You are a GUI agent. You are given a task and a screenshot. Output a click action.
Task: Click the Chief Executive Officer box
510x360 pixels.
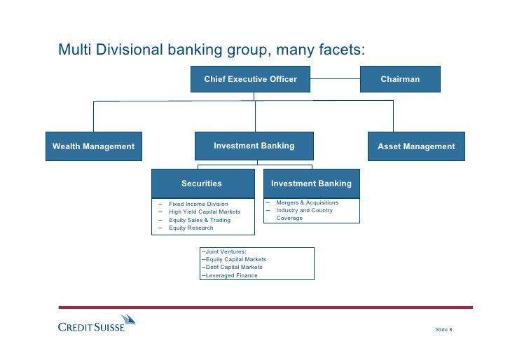tap(250, 79)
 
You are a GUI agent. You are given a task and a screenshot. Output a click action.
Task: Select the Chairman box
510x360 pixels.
tap(400, 79)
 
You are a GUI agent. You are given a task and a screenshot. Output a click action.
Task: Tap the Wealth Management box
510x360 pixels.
tap(93, 146)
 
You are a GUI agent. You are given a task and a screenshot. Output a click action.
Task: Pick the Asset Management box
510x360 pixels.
tap(416, 146)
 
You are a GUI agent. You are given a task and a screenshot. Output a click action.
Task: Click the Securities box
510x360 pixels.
tap(202, 184)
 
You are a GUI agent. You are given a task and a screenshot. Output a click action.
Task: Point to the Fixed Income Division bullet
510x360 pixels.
tap(198, 204)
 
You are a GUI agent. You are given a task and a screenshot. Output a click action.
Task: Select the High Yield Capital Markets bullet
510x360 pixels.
tap(204, 212)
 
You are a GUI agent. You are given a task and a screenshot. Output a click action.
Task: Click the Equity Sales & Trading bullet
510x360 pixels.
tap(199, 220)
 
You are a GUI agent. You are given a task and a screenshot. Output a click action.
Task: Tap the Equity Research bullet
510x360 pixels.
tap(191, 228)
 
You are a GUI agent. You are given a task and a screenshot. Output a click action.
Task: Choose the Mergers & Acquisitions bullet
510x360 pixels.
tap(307, 202)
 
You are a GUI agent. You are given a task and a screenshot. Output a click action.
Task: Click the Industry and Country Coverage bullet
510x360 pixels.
tap(304, 214)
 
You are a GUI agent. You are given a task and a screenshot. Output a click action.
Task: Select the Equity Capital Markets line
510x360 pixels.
tap(235, 259)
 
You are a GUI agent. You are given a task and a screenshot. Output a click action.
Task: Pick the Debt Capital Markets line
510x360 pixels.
tap(233, 267)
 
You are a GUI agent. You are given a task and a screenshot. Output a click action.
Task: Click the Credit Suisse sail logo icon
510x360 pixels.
tap(127, 320)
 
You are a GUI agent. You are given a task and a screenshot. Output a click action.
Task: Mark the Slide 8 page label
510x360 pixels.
tap(444, 329)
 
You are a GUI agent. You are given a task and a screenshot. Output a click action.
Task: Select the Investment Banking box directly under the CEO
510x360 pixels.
tap(254, 146)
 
